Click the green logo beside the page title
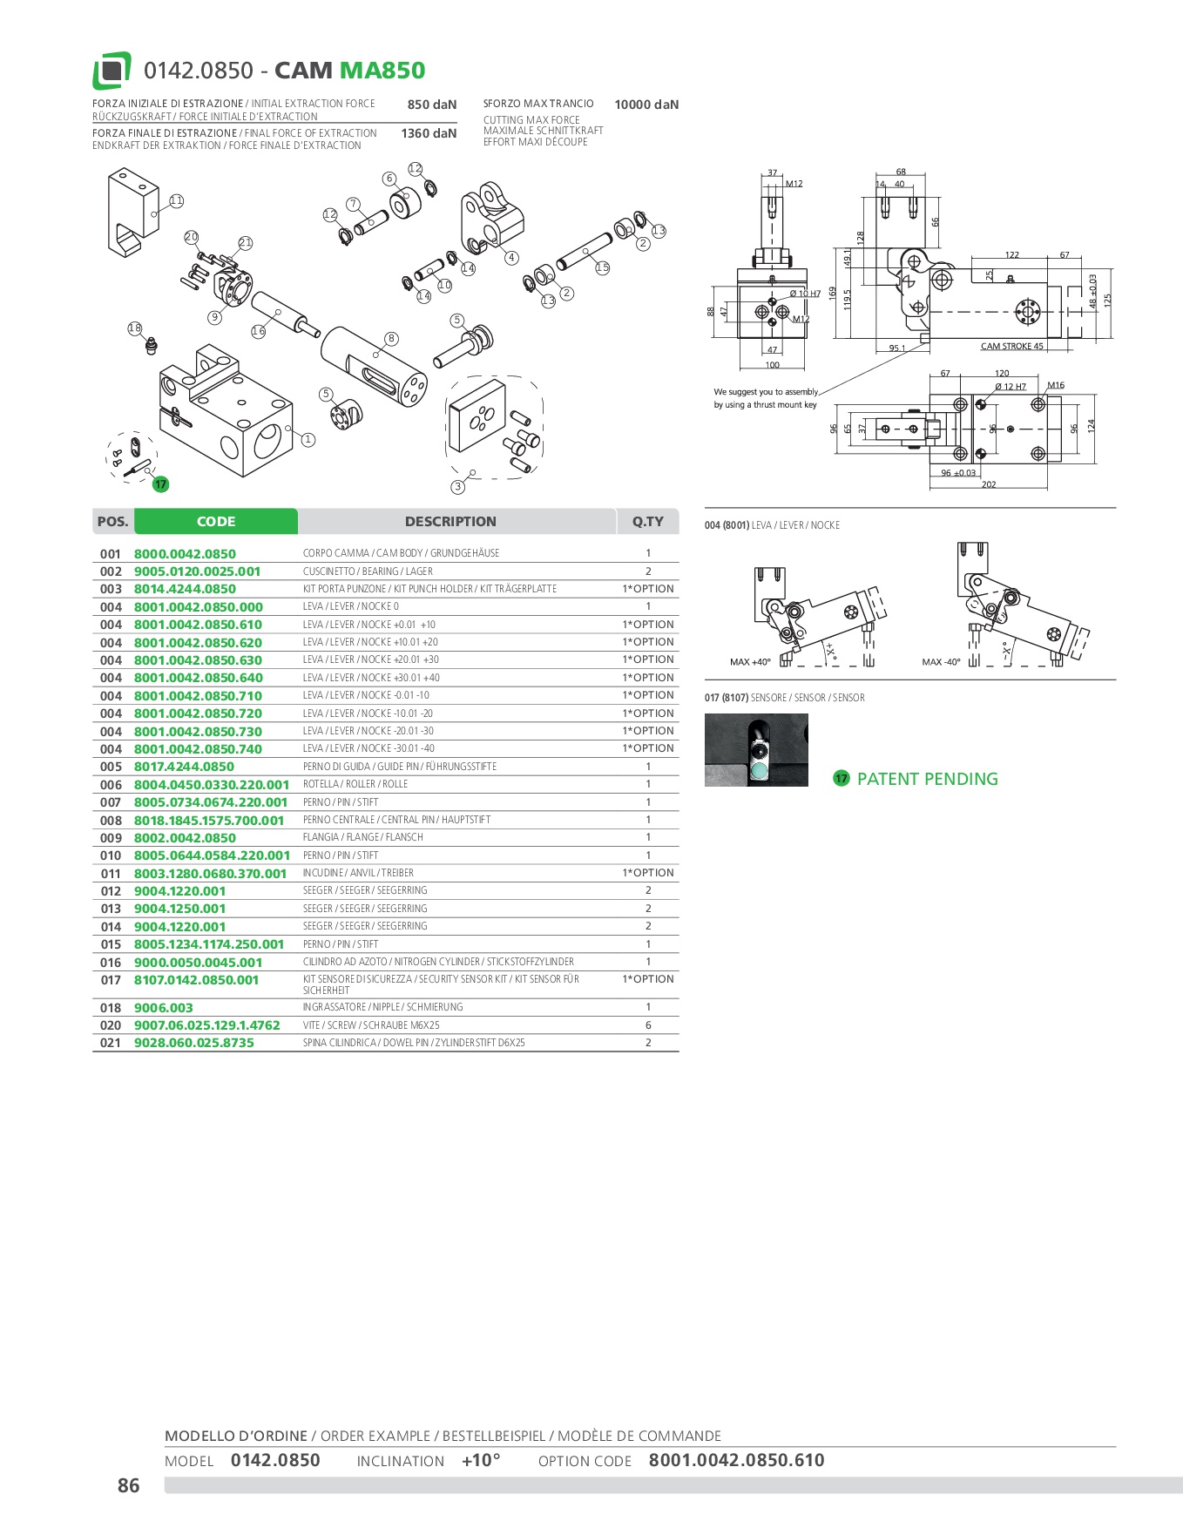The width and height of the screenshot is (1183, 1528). point(112,71)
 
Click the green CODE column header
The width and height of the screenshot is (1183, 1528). point(216,521)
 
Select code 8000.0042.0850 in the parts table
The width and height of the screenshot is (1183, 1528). point(185,554)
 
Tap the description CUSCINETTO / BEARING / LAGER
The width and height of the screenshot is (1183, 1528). point(368,571)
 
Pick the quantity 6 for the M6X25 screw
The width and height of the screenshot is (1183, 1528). point(648,1025)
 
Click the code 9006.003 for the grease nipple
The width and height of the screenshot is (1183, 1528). point(164,1008)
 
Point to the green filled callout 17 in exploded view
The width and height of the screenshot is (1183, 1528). point(160,484)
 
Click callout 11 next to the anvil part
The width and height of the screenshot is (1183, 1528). point(177,201)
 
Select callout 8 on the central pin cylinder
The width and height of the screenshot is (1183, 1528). point(391,338)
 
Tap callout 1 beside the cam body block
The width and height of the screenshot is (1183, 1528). point(308,440)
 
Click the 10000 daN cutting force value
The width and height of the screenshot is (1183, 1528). point(646,105)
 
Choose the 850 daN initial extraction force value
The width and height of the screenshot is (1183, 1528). point(431,105)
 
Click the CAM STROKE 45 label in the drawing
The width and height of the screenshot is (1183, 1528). point(1011,346)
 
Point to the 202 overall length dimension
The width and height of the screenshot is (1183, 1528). point(989,484)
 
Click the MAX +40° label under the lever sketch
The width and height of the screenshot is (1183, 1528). point(750,662)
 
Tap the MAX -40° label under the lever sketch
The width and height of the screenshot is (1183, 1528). point(941,662)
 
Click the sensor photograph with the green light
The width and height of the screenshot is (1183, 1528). point(756,750)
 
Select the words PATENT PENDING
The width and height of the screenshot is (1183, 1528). point(927,779)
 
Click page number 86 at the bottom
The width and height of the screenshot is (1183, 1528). point(128,1485)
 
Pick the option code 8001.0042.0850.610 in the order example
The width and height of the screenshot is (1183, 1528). point(736,1460)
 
